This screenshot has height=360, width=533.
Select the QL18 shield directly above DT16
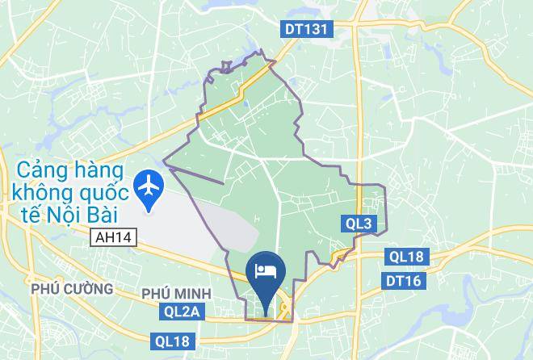click(405, 257)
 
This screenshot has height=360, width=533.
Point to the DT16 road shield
click(404, 280)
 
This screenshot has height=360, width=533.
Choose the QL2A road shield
click(180, 310)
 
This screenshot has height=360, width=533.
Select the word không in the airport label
click(43, 194)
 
